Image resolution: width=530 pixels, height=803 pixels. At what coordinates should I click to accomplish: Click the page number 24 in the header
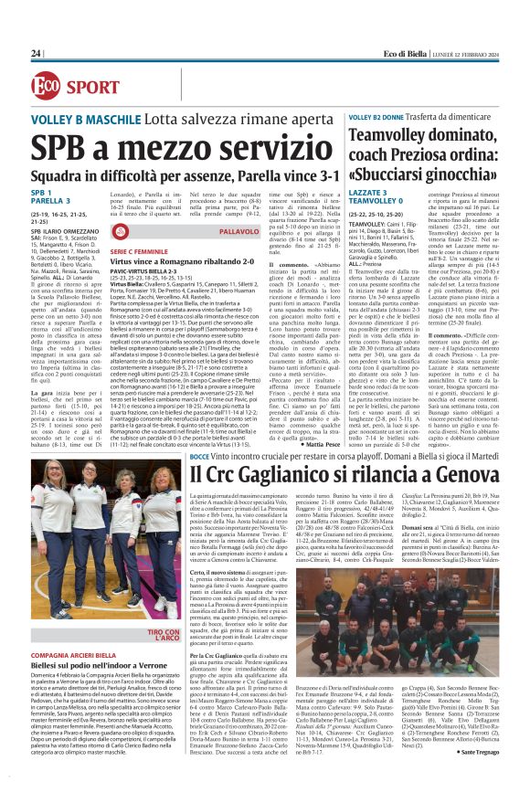[x=36, y=54]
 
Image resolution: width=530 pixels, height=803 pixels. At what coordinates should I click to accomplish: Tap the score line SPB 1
[x=41, y=194]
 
